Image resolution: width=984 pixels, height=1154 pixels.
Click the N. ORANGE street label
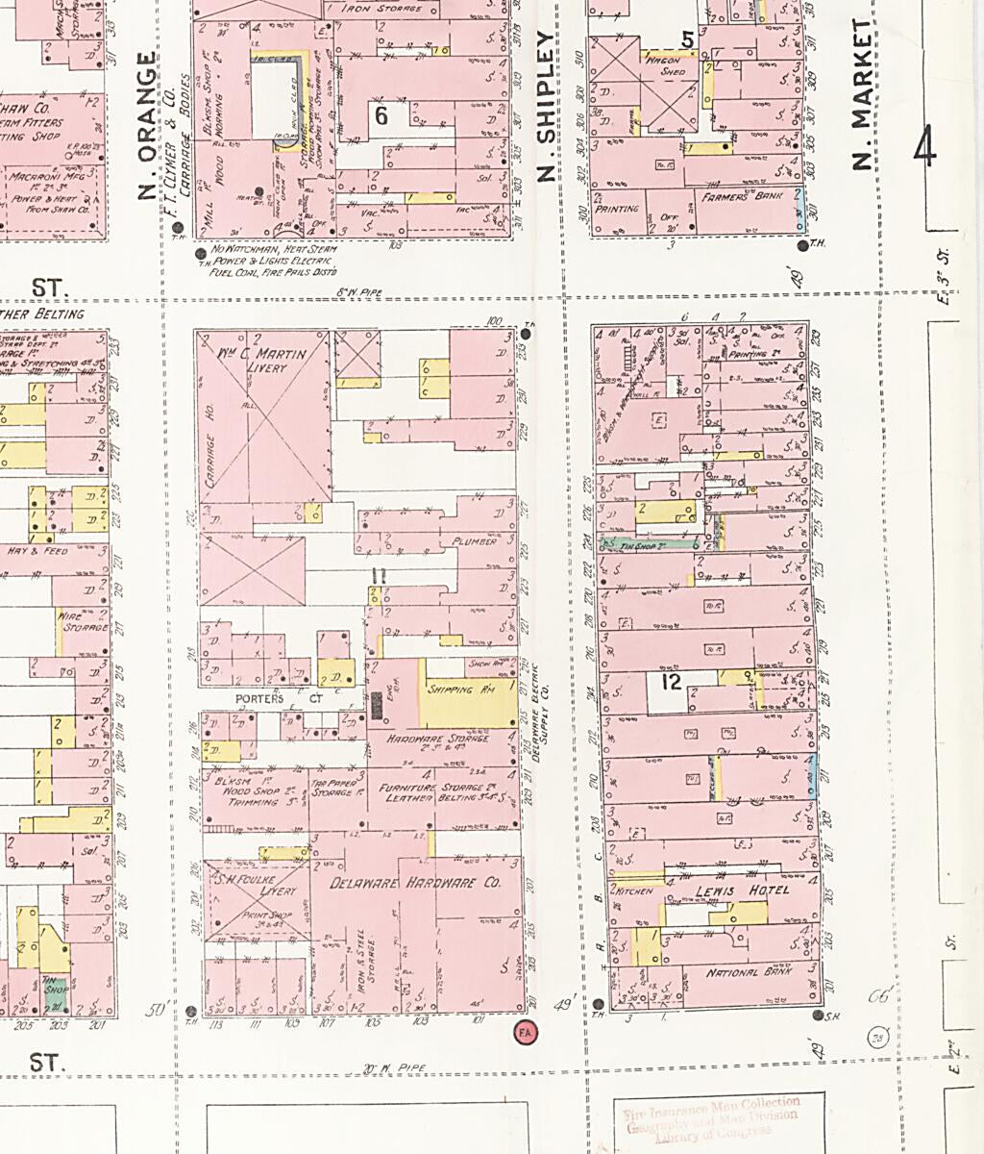coord(146,125)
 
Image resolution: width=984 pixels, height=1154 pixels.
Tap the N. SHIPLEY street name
coord(547,106)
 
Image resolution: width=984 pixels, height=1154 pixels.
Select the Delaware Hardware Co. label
coord(415,883)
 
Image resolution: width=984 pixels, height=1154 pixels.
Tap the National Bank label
coord(746,973)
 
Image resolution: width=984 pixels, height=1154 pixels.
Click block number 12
coord(671,683)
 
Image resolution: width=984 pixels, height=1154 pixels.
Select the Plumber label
coord(474,541)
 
